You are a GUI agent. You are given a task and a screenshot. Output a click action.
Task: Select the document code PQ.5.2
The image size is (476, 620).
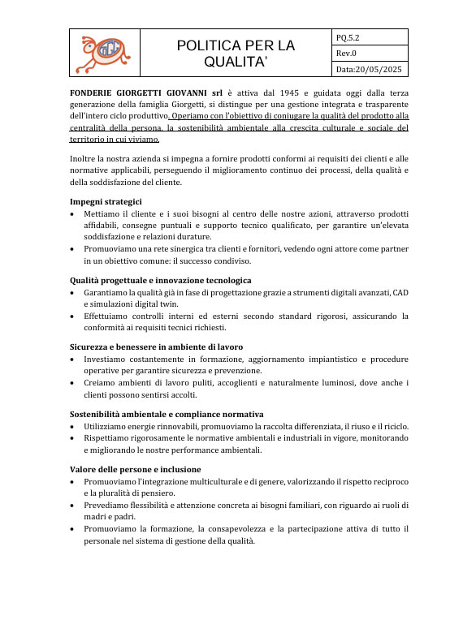(x=348, y=37)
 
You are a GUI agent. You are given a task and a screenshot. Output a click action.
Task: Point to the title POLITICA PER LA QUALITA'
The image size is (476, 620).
(x=236, y=54)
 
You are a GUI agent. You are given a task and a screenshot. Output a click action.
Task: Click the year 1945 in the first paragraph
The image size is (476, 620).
(x=281, y=93)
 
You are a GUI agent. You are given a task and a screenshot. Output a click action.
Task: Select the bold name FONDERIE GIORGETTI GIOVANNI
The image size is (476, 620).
(x=138, y=93)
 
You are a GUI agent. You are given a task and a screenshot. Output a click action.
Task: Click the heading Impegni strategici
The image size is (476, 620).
(x=106, y=201)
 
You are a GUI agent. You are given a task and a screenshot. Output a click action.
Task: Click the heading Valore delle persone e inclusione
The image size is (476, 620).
(x=135, y=469)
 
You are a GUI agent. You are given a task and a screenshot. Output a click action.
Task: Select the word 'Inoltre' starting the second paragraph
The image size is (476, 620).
(x=84, y=158)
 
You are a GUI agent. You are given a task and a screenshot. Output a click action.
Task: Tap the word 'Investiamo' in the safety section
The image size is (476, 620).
(x=106, y=359)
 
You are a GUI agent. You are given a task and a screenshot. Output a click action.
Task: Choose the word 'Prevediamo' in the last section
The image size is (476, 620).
(x=109, y=505)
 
